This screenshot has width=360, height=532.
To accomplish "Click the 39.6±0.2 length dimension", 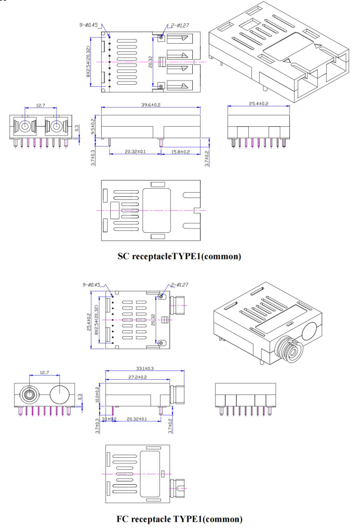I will [151, 105].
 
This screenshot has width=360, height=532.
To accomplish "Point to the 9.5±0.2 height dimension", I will [94, 126].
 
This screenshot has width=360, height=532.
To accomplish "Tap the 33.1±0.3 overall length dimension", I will [145, 368].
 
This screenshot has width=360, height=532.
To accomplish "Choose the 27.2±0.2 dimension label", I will [136, 377].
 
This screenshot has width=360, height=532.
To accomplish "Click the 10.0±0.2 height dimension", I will [98, 395].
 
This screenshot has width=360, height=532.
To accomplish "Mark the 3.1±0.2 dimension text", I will [109, 418].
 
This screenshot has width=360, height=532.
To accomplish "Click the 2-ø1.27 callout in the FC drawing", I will [180, 285].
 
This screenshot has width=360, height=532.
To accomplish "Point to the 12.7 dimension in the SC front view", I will [40, 105].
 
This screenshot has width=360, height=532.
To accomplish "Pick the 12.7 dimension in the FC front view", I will [45, 373].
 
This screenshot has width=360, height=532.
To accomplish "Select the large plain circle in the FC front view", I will [60, 395].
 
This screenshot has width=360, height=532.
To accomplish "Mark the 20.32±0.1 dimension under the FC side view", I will [136, 418].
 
